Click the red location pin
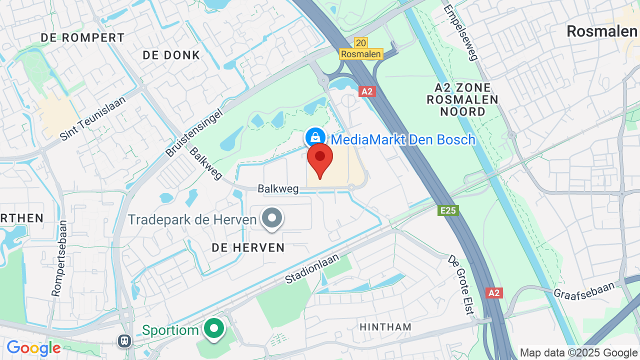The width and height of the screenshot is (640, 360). (320, 159)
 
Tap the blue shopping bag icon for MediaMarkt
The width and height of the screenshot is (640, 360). (315, 136)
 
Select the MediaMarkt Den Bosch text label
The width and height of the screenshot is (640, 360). (403, 139)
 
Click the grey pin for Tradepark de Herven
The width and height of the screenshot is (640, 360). (272, 218)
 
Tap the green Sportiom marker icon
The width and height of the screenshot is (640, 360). (215, 329)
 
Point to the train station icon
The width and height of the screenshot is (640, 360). (124, 341)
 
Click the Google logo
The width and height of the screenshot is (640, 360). (33, 348)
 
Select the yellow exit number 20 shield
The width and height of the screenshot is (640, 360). (360, 43)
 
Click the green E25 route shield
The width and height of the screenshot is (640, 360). (448, 210)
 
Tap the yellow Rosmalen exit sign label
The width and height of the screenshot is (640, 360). (361, 54)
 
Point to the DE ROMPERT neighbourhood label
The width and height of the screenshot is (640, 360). (82, 37)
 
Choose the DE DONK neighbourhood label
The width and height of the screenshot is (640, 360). (171, 55)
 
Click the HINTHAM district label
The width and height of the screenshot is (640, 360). (385, 327)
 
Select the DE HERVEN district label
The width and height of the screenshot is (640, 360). (248, 247)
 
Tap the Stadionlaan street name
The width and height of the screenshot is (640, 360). (312, 269)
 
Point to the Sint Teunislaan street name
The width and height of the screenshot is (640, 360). (92, 118)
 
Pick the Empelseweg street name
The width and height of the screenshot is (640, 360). (460, 32)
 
